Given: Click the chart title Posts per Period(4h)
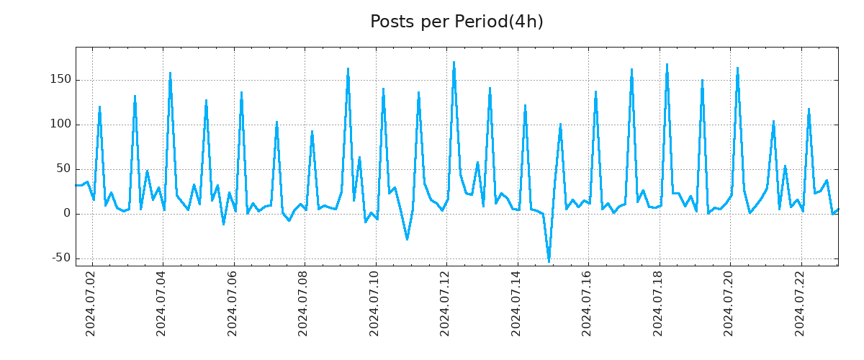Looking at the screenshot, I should tap(456, 22).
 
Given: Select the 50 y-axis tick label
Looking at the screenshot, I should tap(63, 169).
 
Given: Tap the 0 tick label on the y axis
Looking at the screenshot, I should tap(66, 214).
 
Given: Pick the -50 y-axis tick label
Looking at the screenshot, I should tap(60, 258).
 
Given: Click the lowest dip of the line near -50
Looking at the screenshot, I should tap(549, 261).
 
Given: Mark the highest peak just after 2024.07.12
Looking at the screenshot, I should tap(454, 63).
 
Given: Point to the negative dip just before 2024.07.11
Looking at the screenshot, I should tap(407, 239).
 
